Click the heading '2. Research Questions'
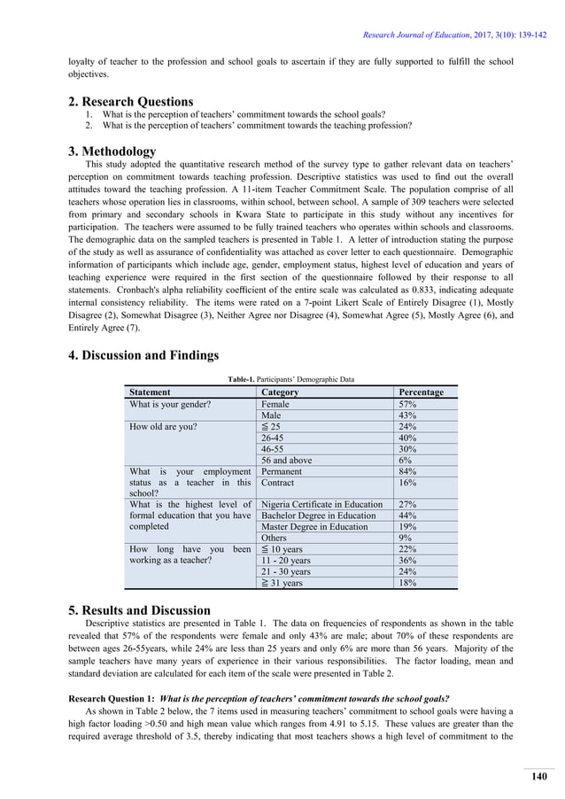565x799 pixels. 131,101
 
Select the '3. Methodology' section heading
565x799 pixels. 112,151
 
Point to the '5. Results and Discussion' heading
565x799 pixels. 140,610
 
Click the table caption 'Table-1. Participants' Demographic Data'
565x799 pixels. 290,379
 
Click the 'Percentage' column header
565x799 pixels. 422,392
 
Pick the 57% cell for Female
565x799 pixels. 408,404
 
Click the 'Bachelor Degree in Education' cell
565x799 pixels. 318,515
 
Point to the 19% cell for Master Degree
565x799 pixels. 408,526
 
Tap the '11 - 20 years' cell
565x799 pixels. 286,560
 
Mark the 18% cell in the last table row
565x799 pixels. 408,583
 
